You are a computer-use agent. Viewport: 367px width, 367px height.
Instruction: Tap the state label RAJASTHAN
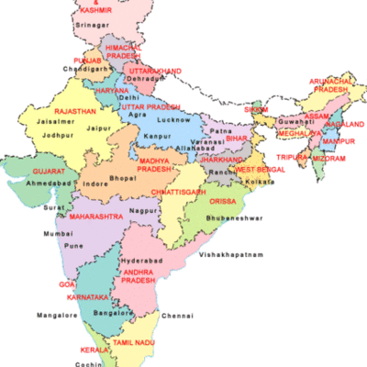pos(76,111)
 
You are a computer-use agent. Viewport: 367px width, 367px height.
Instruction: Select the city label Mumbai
pos(57,235)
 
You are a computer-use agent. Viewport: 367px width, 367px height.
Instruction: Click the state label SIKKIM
pos(256,110)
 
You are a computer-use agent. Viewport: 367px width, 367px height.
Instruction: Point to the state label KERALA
pos(89,350)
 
